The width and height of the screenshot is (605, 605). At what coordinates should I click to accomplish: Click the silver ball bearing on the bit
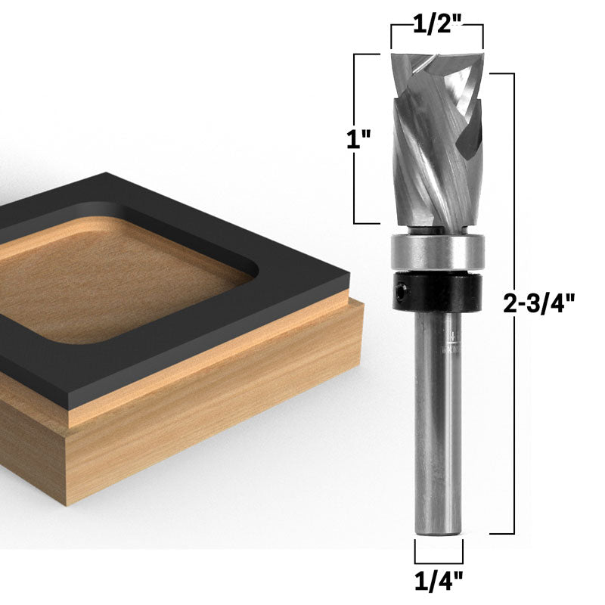pos(436,251)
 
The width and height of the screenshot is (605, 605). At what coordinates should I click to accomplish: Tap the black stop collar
pos(436,292)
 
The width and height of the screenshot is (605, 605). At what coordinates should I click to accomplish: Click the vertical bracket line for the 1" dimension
pos(356,138)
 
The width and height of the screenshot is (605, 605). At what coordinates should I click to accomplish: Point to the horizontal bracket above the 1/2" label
pos(436,26)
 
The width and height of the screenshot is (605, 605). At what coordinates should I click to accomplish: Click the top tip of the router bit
pos(436,57)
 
